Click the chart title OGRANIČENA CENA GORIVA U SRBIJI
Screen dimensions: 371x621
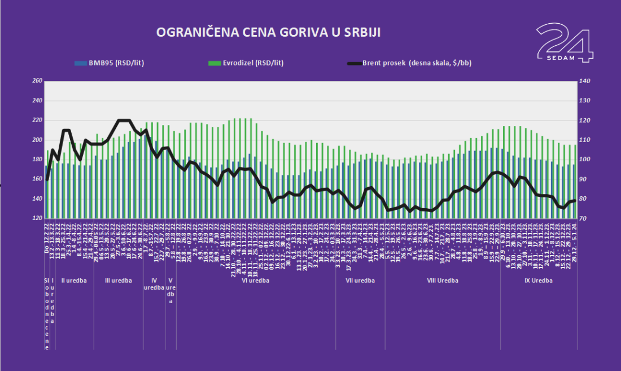pyautogui.click(x=268, y=32)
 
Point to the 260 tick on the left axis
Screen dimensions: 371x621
pyautogui.click(x=37, y=81)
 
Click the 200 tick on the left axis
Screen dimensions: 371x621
pyautogui.click(x=37, y=140)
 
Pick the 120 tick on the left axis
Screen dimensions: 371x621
pyautogui.click(x=37, y=218)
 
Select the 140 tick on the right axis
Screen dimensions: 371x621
pyautogui.click(x=585, y=81)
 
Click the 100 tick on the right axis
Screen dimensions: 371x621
pyautogui.click(x=585, y=159)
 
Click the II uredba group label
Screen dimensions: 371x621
pyautogui.click(x=73, y=280)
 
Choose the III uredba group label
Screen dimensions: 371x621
pyautogui.click(x=119, y=280)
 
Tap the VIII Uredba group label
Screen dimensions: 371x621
pyautogui.click(x=443, y=280)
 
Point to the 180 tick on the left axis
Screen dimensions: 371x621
pyautogui.click(x=37, y=159)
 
